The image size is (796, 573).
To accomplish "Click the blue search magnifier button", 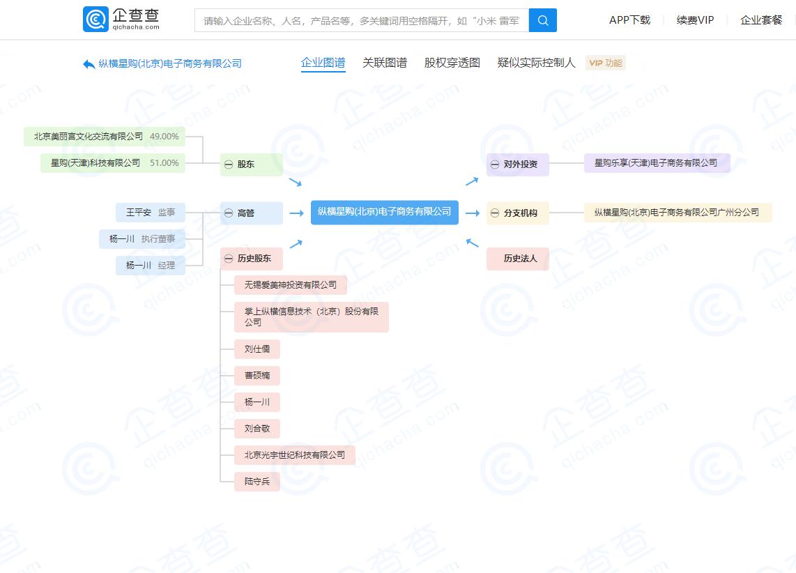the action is point(542,20).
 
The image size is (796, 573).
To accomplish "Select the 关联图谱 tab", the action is point(384,63).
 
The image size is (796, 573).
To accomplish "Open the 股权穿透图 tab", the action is point(452,63).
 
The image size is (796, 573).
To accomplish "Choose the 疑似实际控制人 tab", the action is point(536,63).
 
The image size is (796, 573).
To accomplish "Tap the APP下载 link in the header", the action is point(629,20).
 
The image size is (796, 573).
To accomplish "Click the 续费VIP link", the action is point(695,20).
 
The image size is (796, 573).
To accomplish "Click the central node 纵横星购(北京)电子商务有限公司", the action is point(384,212).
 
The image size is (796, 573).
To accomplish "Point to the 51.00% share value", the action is point(164,163).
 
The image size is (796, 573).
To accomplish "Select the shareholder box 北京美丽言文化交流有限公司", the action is point(105,137).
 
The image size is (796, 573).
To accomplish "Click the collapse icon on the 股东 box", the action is point(229,165).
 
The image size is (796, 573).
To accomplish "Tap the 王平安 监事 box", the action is point(150,213).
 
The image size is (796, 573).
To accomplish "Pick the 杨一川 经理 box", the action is point(150,266).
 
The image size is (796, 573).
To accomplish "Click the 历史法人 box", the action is point(520,259).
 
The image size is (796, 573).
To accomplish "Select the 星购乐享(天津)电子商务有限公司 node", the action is point(656,163).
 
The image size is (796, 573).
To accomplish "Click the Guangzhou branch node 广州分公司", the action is point(677,213).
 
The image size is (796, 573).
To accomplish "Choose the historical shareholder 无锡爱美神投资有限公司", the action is point(290,285).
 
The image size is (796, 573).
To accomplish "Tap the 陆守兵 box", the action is point(257,482).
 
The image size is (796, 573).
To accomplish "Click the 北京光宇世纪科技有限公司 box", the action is point(294,455).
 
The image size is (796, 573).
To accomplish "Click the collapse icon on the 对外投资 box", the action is point(495,165).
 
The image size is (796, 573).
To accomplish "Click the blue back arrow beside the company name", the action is point(89,64).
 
